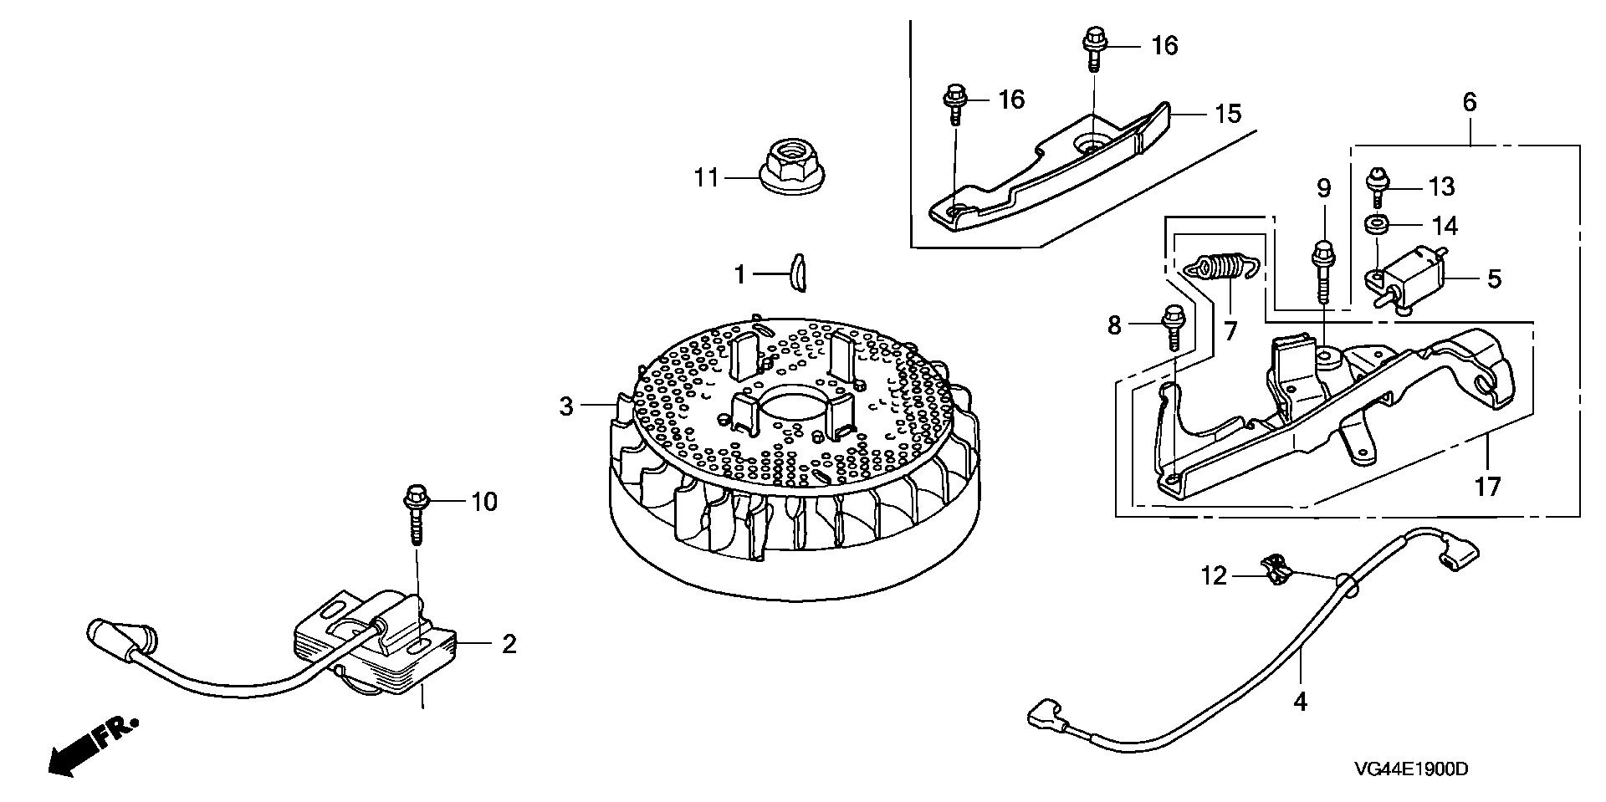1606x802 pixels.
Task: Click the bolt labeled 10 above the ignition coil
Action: pyautogui.click(x=416, y=515)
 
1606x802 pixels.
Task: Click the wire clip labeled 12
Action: pyautogui.click(x=1276, y=571)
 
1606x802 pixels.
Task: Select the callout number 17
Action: pyautogui.click(x=1488, y=486)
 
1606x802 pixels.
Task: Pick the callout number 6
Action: pyautogui.click(x=1470, y=103)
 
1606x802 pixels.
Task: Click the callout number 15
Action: pyautogui.click(x=1227, y=113)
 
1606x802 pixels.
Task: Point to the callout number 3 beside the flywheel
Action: pyautogui.click(x=567, y=407)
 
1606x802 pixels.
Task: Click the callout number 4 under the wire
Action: pyautogui.click(x=1299, y=702)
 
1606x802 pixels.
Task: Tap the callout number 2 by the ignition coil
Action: pyautogui.click(x=508, y=644)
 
